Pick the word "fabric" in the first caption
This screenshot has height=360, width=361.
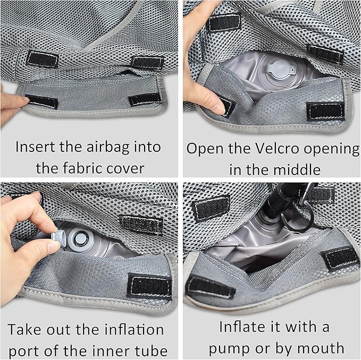coord(82,168)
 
